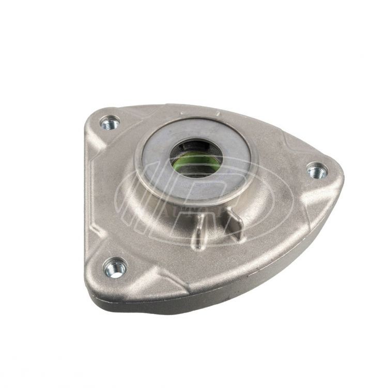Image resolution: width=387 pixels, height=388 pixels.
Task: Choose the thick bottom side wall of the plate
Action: pos(207,305)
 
